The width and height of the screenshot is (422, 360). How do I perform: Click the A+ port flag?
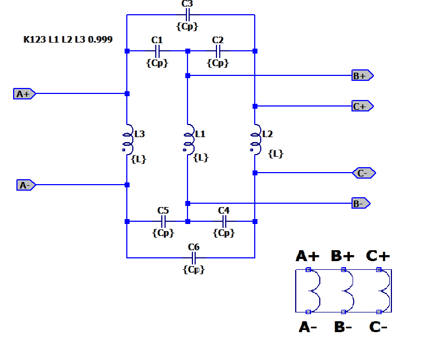point(24,94)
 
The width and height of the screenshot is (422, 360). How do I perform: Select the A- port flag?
point(26,185)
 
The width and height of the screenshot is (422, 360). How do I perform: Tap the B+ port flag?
point(362,75)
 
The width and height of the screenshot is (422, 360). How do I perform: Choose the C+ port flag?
point(362,106)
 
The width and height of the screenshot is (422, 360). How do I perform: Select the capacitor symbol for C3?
point(187,15)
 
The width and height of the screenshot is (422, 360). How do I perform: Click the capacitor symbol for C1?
point(157,51)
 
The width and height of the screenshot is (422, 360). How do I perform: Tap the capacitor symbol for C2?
point(218,51)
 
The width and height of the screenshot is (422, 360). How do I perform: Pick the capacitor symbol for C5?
point(163,221)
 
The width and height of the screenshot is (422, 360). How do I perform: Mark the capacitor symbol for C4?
point(224,221)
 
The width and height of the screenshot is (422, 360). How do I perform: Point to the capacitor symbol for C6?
point(194,257)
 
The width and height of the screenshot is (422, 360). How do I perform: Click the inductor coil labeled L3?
point(127,139)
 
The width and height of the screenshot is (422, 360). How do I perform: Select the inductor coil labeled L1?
point(188,139)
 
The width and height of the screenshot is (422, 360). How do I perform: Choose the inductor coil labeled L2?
point(255,139)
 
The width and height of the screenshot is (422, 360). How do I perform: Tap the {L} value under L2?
point(276,154)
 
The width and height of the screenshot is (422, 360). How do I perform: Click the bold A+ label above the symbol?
point(308,256)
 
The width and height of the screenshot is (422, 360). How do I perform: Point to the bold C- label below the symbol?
point(379,327)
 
